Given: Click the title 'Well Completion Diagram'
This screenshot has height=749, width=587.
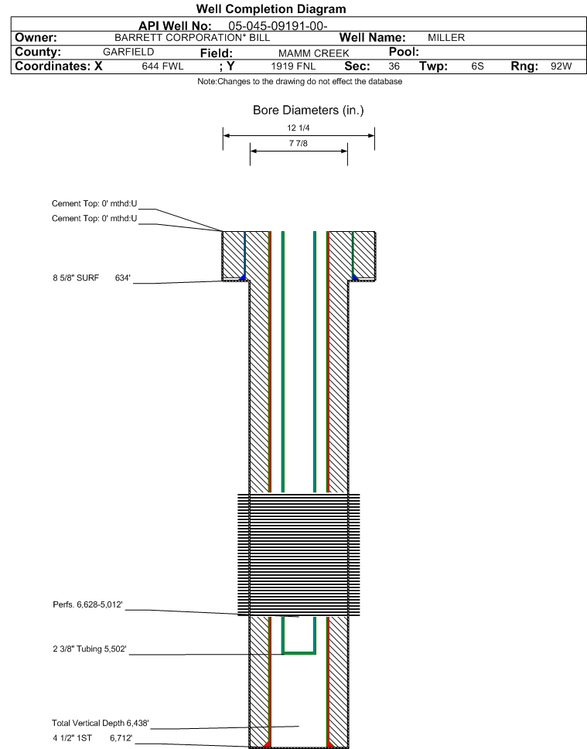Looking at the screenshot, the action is (271, 9).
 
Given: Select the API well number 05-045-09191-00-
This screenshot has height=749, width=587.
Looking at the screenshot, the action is (278, 26).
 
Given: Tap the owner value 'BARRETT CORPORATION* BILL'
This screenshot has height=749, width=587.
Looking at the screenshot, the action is (192, 38).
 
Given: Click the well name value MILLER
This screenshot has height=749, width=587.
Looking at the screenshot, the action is (446, 38).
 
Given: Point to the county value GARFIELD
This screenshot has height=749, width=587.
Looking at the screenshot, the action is (128, 52).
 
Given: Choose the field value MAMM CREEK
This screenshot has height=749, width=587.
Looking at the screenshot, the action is (313, 53).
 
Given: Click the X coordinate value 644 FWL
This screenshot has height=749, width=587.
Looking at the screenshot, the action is (162, 66).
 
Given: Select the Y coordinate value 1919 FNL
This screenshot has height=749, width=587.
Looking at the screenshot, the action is (293, 66).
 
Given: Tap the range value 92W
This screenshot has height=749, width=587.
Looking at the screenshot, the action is (561, 66).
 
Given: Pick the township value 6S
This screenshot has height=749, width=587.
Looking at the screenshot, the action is (477, 66).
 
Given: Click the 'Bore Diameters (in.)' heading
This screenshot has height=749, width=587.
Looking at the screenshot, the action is (309, 111).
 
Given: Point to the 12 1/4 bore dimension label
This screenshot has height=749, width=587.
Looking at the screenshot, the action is (299, 128).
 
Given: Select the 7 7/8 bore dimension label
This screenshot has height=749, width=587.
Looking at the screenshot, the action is (299, 143).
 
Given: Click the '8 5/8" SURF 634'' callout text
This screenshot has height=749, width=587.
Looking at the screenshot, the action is (92, 278).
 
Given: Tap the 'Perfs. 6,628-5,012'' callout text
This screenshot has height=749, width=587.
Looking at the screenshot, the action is (87, 604).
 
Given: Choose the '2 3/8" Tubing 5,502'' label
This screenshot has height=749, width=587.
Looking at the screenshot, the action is (90, 649).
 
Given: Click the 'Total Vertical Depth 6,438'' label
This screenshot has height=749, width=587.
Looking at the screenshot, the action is (101, 723).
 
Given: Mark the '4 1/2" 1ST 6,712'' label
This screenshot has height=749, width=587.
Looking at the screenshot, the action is (92, 738).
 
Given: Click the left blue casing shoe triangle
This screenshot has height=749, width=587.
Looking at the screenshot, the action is (242, 277).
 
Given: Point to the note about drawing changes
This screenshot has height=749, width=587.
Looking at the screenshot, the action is (300, 82).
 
